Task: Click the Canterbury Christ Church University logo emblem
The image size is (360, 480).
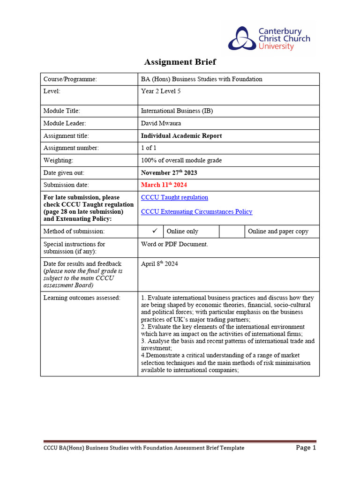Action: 242,39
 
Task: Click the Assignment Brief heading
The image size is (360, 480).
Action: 180,62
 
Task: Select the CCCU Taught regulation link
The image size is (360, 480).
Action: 174,197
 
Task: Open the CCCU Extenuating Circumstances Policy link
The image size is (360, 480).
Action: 196,211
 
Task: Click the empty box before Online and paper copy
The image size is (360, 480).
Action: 232,231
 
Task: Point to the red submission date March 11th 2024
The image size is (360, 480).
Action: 164,185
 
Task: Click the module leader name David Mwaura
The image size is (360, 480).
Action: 161,123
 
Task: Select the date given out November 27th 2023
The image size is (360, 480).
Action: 169,172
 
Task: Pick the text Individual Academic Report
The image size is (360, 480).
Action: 181,136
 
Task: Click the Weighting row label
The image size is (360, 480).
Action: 58,160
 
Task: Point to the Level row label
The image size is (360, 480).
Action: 52,91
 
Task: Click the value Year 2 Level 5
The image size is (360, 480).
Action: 161,91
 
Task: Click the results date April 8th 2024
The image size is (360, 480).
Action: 159,264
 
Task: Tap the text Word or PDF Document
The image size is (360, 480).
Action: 174,244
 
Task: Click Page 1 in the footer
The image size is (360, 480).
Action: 306,448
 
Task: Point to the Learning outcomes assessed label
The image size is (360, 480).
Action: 82,297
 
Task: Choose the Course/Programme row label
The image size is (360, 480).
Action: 70,79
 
